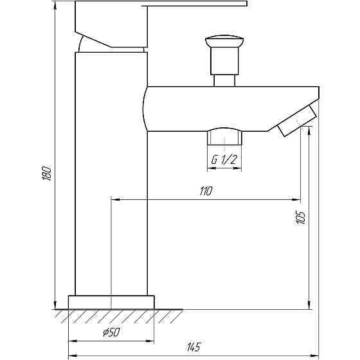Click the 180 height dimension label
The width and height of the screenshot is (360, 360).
(x=46, y=174)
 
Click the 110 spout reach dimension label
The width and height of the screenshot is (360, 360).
(x=206, y=191)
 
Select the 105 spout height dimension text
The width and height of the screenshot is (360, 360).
(x=300, y=217)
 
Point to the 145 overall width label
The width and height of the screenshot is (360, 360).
(x=192, y=348)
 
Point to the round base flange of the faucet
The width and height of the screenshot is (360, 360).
(x=112, y=302)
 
